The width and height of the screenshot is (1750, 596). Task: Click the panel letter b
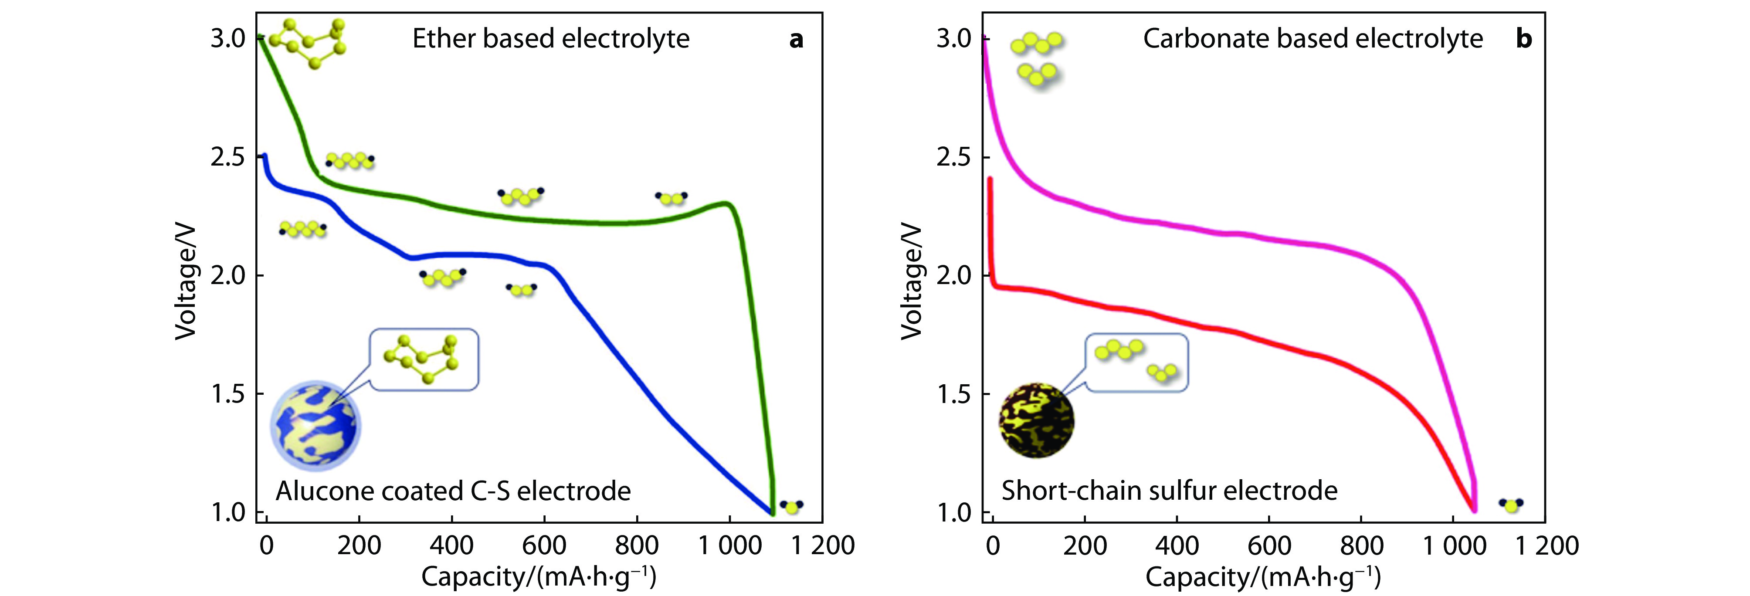(1524, 39)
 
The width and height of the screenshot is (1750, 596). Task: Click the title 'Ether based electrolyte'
(550, 38)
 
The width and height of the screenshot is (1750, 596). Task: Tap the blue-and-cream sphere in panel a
(315, 425)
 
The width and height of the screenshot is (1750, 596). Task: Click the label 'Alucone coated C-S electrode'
(453, 491)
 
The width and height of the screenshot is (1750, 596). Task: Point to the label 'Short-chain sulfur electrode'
(1169, 490)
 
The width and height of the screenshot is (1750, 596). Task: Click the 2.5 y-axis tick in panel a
(228, 157)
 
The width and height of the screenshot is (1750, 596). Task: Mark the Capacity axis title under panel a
(539, 577)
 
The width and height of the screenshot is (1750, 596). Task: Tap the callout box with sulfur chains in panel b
(1136, 362)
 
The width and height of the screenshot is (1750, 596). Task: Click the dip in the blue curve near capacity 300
(410, 257)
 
